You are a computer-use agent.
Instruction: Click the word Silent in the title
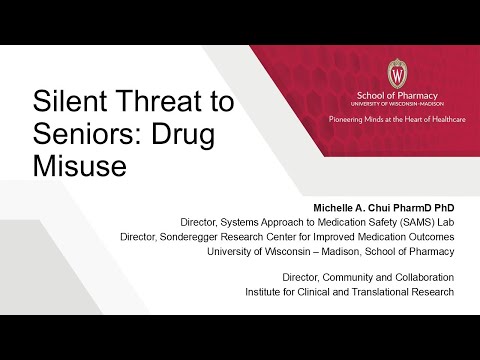click(70, 101)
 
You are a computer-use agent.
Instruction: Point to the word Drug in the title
click(183, 136)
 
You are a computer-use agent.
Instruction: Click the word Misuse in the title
click(80, 166)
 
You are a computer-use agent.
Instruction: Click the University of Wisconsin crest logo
click(397, 74)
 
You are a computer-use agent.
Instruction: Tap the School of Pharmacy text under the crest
click(397, 96)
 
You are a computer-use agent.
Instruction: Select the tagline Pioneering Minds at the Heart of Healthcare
click(397, 119)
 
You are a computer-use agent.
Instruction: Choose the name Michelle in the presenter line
click(333, 208)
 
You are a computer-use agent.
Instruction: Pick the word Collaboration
click(425, 277)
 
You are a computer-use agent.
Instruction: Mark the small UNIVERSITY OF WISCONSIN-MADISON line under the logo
click(397, 104)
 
